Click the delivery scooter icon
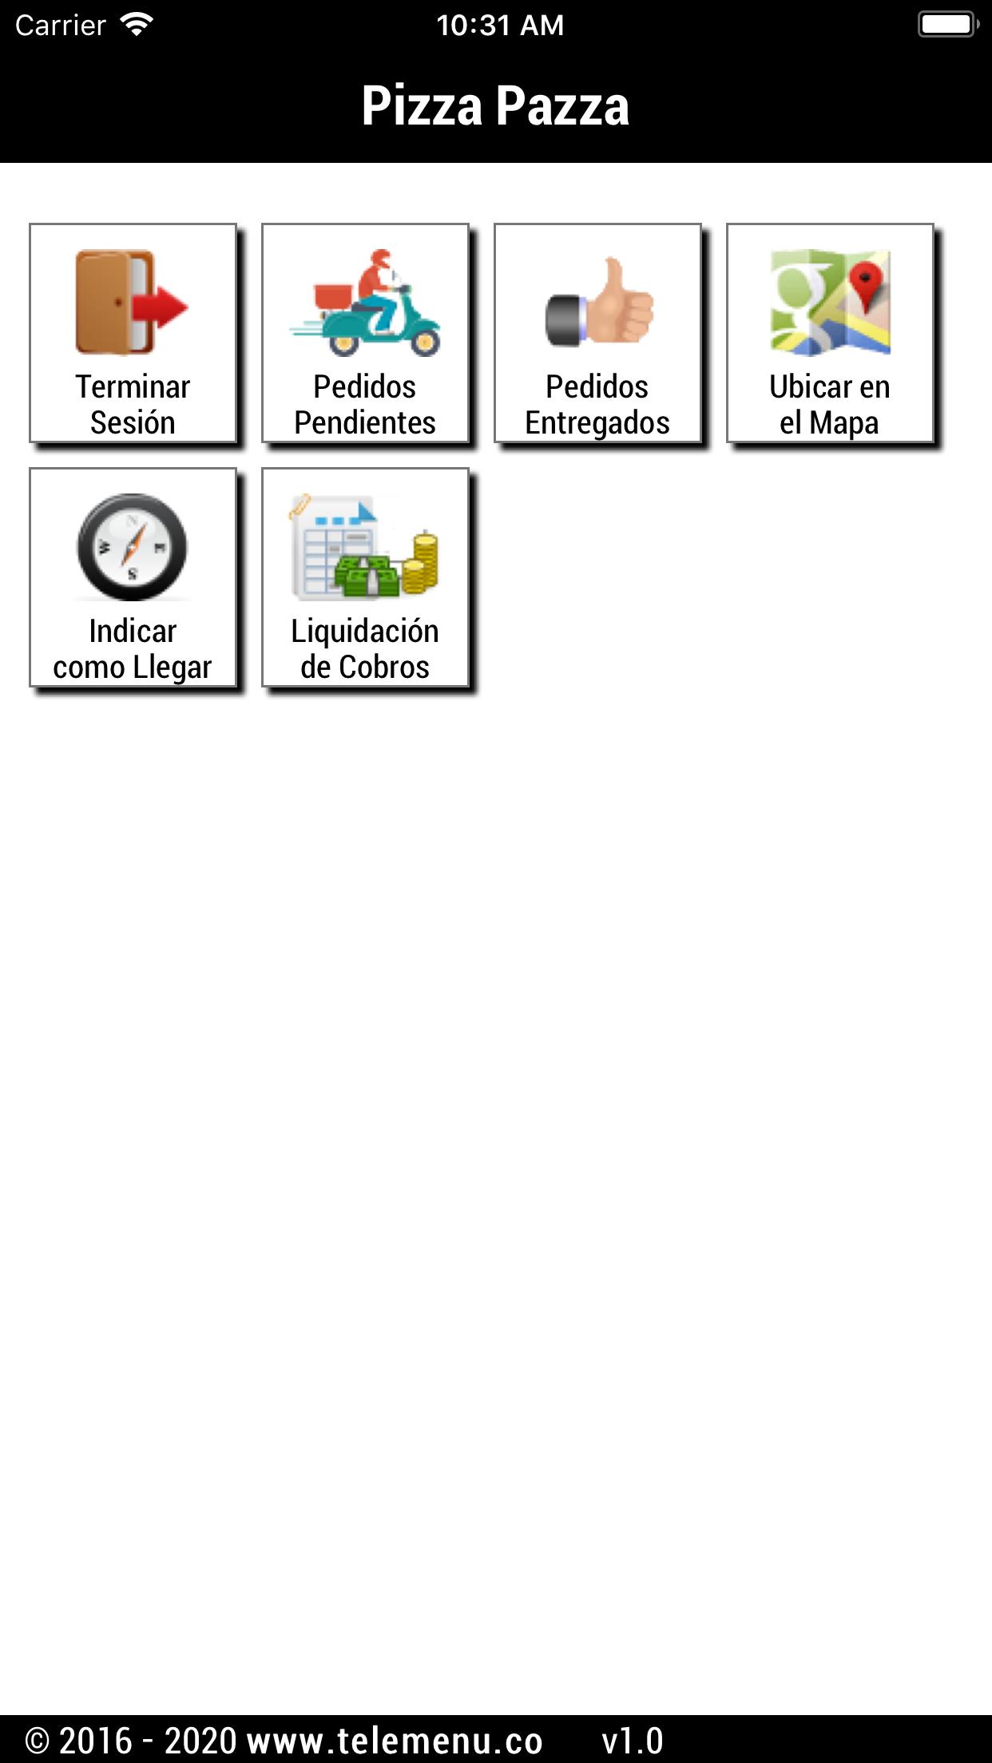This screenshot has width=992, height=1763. point(365,303)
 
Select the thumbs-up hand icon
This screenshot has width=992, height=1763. point(598,303)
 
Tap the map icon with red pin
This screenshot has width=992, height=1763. point(830,303)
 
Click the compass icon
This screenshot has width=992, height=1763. point(132,547)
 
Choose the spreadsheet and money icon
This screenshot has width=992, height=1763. point(365,547)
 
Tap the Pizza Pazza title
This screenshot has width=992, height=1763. point(495,105)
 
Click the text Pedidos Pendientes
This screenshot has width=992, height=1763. point(365,405)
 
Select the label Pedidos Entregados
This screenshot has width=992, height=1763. point(597,405)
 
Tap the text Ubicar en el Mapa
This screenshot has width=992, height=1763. point(830,405)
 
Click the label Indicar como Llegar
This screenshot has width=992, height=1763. point(133,649)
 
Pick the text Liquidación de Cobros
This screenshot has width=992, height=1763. point(365,649)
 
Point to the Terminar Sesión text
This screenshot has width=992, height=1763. point(133,405)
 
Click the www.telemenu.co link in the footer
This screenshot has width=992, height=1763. point(395,1741)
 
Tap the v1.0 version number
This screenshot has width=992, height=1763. point(633,1741)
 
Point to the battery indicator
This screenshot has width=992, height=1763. point(949,25)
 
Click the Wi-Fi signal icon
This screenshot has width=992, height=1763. point(137,25)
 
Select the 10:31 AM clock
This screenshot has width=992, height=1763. point(500,26)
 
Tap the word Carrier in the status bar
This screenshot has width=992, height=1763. point(61,26)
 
